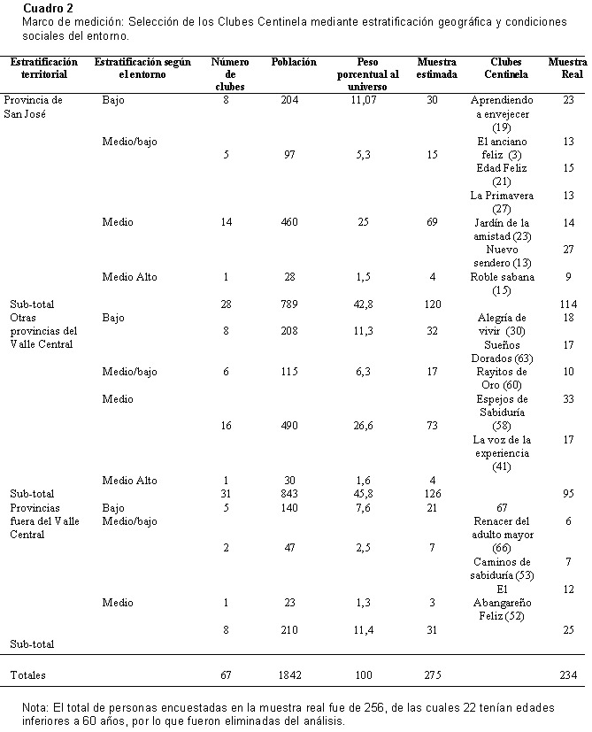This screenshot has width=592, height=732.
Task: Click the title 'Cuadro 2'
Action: point(48,8)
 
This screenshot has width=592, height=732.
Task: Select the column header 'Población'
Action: point(294,62)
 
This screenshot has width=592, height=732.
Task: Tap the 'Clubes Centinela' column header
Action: point(506,68)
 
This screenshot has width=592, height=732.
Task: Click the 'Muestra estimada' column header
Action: point(436,68)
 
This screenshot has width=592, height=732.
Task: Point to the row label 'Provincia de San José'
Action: point(33,107)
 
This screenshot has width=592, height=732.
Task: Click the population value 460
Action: point(289,222)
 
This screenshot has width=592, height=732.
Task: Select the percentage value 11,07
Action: point(363,100)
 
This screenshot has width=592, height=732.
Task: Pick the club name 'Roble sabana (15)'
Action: point(502,283)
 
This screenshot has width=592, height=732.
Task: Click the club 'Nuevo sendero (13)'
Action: point(502,257)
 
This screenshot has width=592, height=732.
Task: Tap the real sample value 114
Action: point(568,304)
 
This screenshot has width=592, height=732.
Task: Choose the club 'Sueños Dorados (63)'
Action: point(502,351)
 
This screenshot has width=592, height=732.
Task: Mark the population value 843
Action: point(289,494)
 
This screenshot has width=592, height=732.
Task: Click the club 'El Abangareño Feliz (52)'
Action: point(502,603)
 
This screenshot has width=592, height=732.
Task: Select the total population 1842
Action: point(289,675)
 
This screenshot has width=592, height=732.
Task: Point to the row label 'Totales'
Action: point(28,675)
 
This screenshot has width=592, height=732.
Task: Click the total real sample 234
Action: point(568,675)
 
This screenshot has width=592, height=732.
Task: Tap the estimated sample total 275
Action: point(433,675)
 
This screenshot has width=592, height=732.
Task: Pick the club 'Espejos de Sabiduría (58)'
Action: point(502,412)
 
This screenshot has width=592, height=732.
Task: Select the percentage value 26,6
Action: point(363,426)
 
